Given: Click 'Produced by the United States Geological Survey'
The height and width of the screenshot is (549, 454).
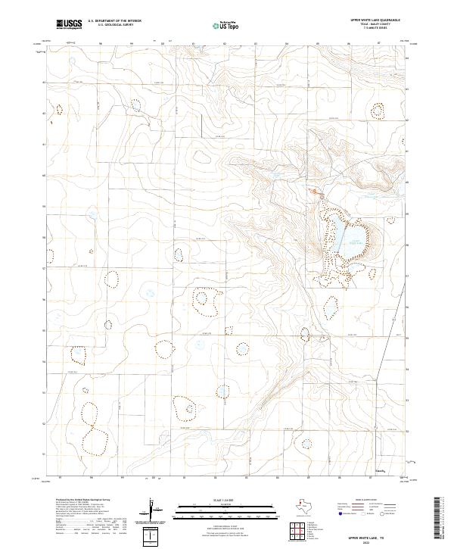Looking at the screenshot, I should coord(80,500).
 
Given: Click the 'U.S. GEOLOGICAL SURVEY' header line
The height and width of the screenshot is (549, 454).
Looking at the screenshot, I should coord(114,26).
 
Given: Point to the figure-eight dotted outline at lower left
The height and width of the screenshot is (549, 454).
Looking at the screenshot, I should coord(91,429).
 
